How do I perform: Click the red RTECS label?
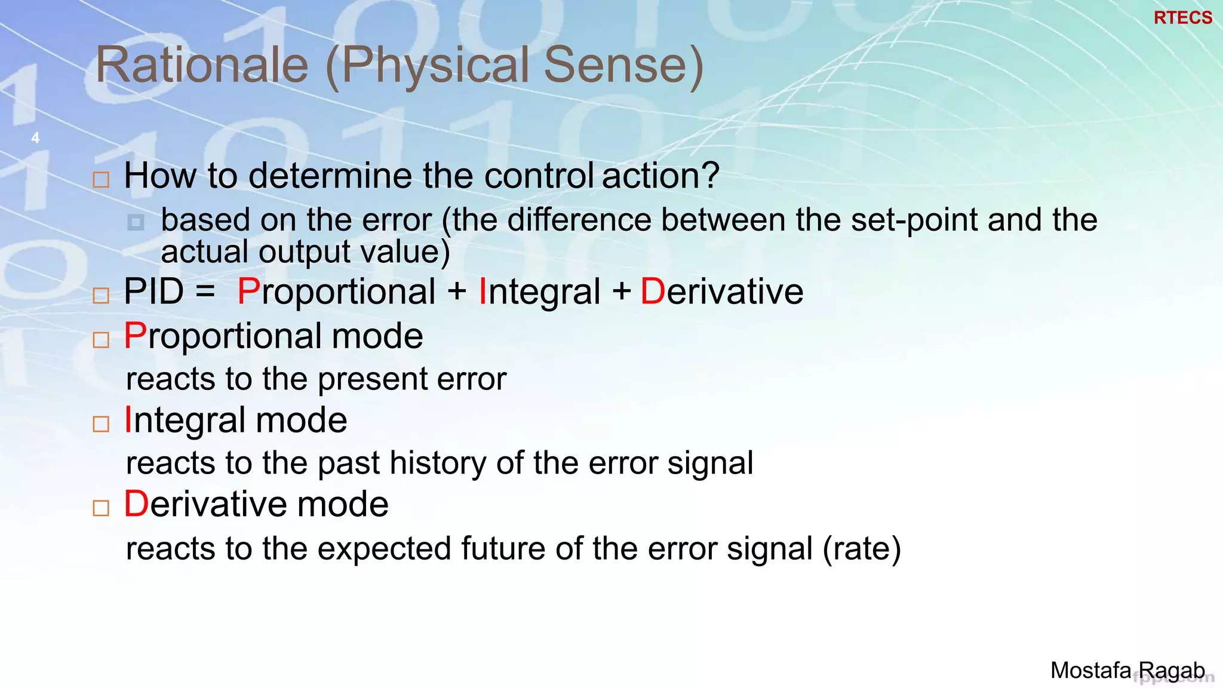coord(1182,18)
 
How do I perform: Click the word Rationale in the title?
coord(202,65)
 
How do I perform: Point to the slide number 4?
coord(35,138)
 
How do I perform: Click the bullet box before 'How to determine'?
coord(101,180)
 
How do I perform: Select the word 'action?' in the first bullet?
coord(660,176)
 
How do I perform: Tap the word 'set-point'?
coord(915,220)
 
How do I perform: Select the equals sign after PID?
coord(205,292)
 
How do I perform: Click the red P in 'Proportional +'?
coord(248,292)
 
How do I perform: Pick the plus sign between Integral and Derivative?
coord(621,292)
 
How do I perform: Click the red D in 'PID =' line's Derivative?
coord(652,292)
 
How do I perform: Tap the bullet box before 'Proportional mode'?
coord(101,340)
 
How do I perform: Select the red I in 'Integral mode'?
coord(128,420)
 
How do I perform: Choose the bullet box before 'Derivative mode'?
coord(101,508)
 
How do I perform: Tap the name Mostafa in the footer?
coord(1090,670)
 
